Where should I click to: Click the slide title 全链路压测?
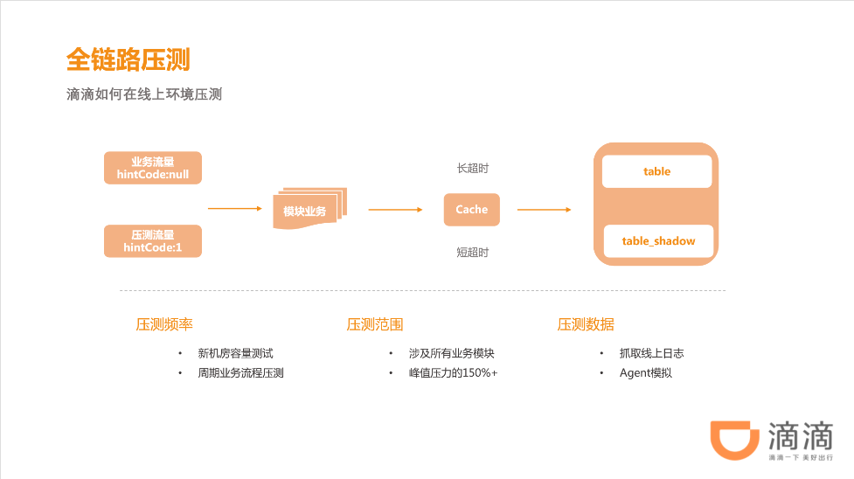point(128,59)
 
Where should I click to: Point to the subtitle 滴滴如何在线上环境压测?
point(144,94)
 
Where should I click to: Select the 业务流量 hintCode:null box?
point(153,168)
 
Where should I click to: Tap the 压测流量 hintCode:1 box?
point(153,241)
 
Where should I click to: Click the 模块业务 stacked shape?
point(308,210)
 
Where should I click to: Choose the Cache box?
point(471,210)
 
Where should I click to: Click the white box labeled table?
point(656,171)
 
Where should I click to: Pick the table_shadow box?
point(658,240)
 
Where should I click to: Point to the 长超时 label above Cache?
point(472,167)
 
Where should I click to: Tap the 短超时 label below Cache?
point(472,253)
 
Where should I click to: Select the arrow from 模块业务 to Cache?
point(396,210)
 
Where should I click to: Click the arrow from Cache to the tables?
point(544,210)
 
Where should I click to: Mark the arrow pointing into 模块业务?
point(234,209)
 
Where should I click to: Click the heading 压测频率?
point(164,324)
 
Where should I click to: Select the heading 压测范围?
point(375,324)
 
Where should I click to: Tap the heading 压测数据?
point(586,324)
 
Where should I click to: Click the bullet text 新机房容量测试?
point(235,353)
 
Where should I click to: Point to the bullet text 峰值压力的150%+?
point(452,373)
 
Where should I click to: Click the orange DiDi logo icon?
point(732,440)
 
